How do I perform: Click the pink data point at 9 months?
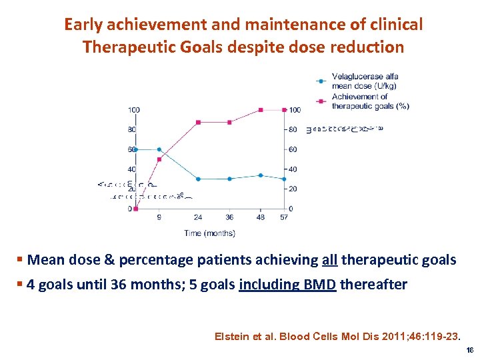point(159,159)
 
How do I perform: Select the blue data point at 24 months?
point(198,179)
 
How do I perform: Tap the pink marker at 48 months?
point(261,109)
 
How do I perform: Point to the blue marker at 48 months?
point(261,175)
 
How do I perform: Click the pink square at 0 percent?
point(135,209)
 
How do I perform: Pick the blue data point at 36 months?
point(229,179)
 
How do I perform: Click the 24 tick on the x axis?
point(198,217)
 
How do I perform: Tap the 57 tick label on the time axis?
point(285,217)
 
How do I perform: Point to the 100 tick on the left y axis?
point(134,109)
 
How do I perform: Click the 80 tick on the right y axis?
point(294,129)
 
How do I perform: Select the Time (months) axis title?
point(209,233)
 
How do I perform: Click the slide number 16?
point(469,350)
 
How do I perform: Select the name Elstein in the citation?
point(233,337)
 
